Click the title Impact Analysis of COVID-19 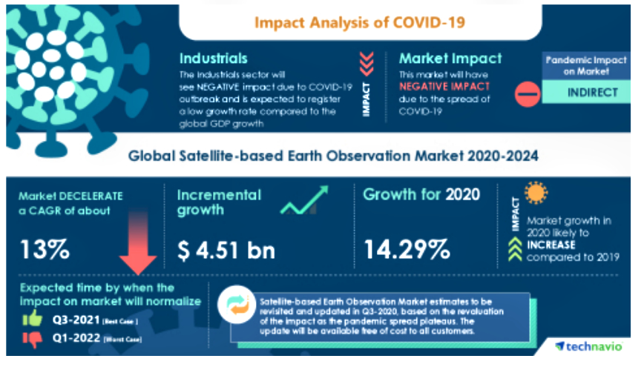(x=360, y=22)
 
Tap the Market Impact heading (x=450, y=58)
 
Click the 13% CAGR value (x=45, y=250)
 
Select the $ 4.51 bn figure (x=226, y=250)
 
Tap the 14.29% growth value (x=407, y=250)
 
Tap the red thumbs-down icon (x=32, y=340)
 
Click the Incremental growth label (x=219, y=202)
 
